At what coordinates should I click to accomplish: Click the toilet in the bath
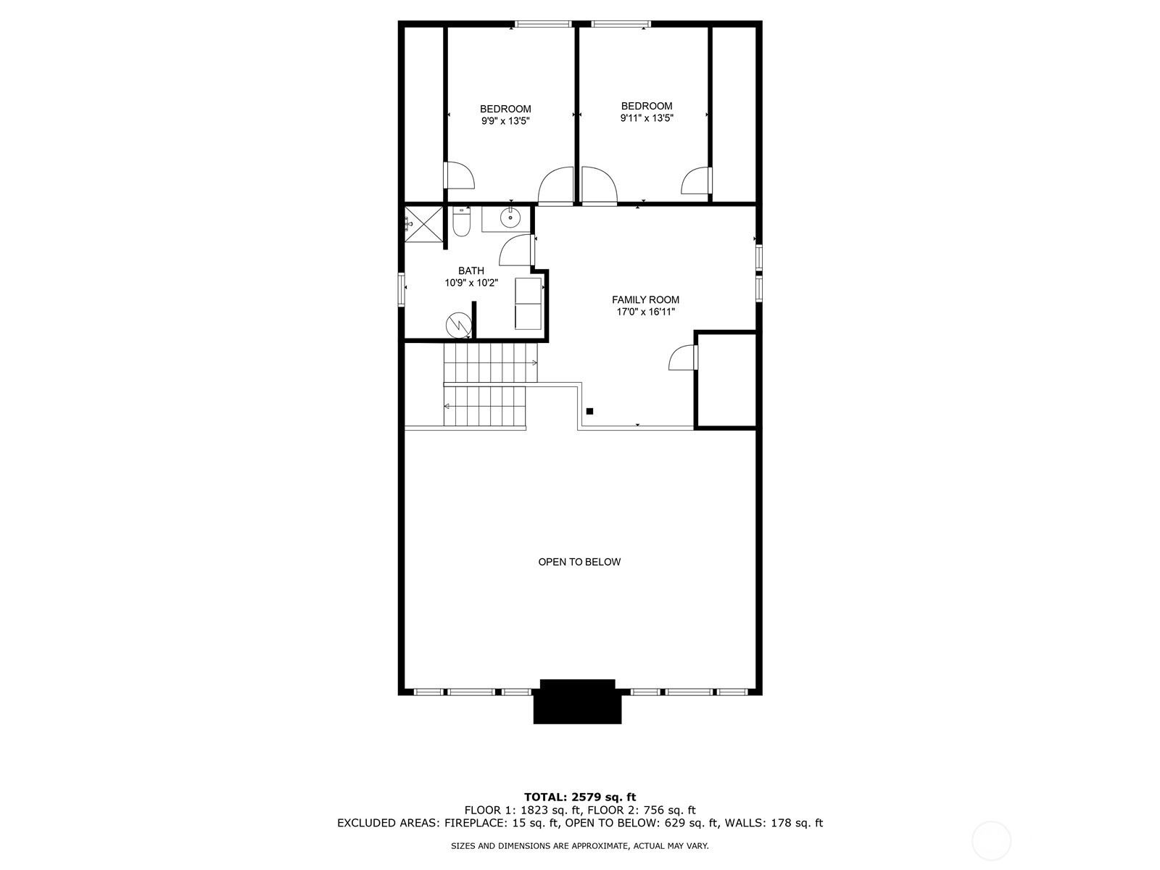pyautogui.click(x=461, y=221)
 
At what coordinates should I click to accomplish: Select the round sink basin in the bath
pyautogui.click(x=510, y=217)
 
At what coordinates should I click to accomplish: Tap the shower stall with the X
pyautogui.click(x=424, y=225)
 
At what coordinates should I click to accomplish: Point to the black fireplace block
pyautogui.click(x=577, y=702)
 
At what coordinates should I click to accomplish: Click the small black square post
pyautogui.click(x=589, y=411)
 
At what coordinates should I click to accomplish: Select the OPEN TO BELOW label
pyautogui.click(x=579, y=562)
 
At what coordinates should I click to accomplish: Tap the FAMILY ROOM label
pyautogui.click(x=645, y=299)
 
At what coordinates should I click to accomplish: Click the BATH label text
pyautogui.click(x=471, y=270)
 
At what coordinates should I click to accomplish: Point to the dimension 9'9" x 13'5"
pyautogui.click(x=505, y=121)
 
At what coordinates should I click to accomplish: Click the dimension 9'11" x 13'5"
pyautogui.click(x=646, y=117)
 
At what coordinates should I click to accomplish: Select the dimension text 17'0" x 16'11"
pyautogui.click(x=645, y=312)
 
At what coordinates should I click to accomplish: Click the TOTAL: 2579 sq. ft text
pyautogui.click(x=580, y=797)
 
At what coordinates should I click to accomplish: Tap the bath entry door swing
pyautogui.click(x=515, y=250)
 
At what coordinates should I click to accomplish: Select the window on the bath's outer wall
pyautogui.click(x=401, y=289)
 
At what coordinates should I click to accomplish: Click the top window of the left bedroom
pyautogui.click(x=543, y=24)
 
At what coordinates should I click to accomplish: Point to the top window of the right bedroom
pyautogui.click(x=621, y=24)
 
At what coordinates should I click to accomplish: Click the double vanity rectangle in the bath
pyautogui.click(x=528, y=303)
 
